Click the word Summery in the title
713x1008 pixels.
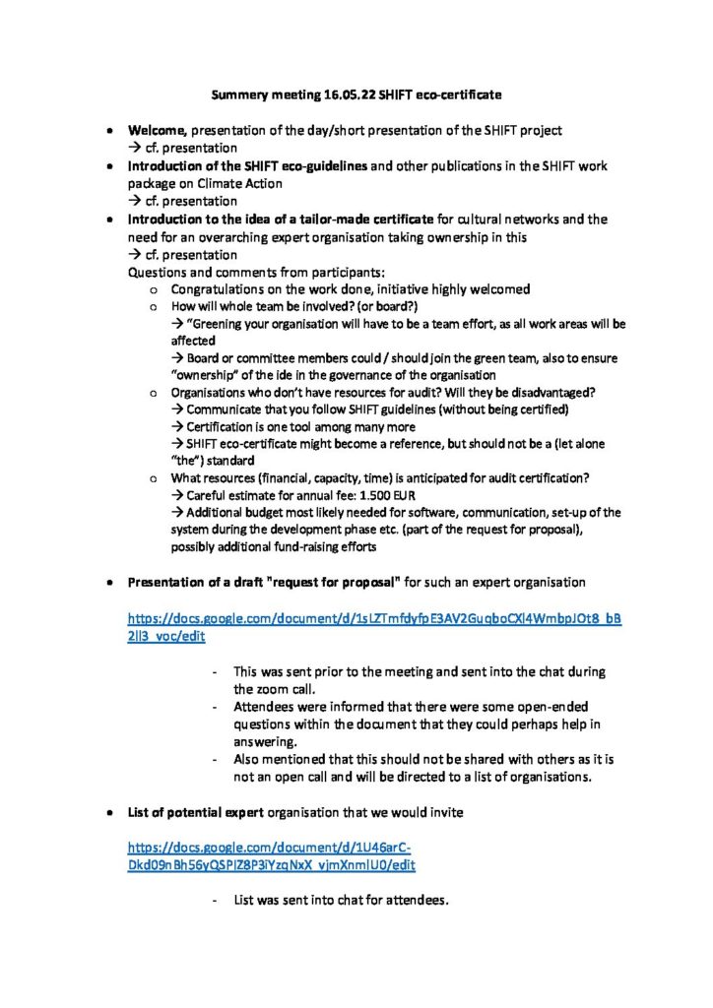click(x=240, y=95)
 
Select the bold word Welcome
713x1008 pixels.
click(x=159, y=130)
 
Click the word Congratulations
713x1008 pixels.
click(x=220, y=289)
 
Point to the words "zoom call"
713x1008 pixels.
click(x=285, y=689)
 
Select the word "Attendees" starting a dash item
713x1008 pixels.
click(x=264, y=707)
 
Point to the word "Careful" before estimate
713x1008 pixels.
click(x=208, y=495)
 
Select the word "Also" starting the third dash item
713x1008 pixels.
click(x=248, y=759)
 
